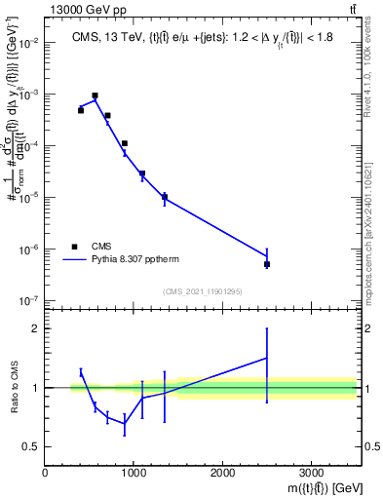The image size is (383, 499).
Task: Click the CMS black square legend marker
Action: [x=73, y=247]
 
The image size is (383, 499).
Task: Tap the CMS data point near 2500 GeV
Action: [x=267, y=264]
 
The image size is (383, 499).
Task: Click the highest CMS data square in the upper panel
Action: [x=95, y=96]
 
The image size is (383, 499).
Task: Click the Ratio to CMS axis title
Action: [x=13, y=387]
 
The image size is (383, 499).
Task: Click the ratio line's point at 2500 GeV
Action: [x=267, y=359]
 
